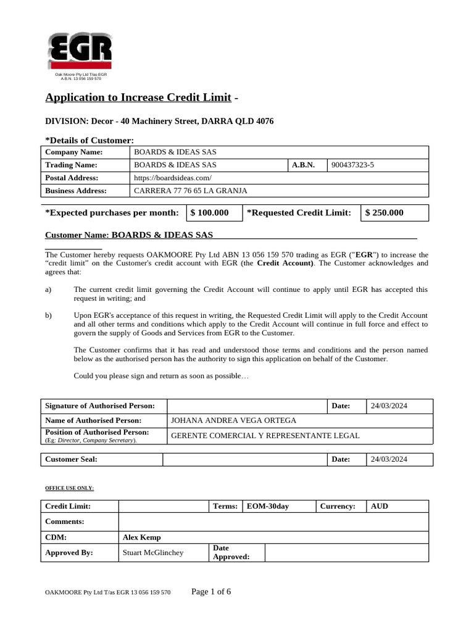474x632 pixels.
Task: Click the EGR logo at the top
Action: coord(80,51)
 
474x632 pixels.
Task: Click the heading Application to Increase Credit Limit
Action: coord(138,98)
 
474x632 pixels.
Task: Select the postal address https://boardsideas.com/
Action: coord(168,178)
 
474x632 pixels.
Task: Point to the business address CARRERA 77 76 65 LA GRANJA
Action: coord(191,191)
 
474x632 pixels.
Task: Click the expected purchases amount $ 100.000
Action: coord(209,213)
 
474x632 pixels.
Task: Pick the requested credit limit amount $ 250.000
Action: coord(384,213)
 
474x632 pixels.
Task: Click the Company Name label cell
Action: coord(74,152)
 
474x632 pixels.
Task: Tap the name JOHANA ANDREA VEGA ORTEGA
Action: coord(233,420)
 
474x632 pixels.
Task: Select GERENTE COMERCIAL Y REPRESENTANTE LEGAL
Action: coord(265,435)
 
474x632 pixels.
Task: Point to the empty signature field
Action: coord(246,405)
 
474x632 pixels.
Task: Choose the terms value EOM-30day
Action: coord(267,506)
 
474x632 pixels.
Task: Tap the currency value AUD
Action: coord(380,506)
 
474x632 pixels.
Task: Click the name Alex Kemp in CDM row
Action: coord(141,537)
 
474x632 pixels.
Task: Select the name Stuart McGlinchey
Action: coord(153,552)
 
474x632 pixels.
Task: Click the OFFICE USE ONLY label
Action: coord(69,488)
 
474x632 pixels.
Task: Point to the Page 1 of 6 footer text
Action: coord(211,592)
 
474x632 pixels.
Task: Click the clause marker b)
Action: coord(49,315)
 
